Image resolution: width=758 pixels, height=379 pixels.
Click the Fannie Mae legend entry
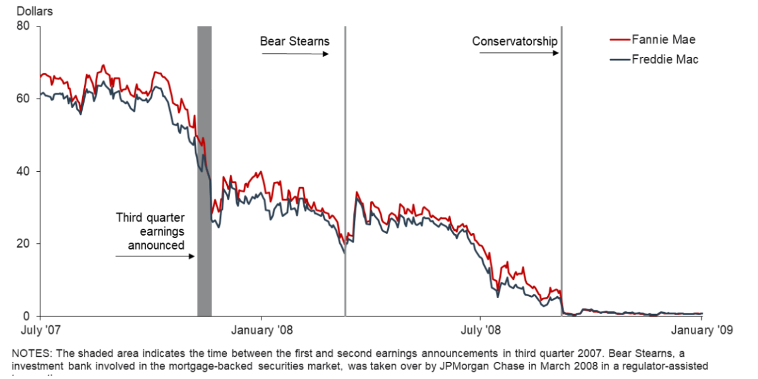click(663, 39)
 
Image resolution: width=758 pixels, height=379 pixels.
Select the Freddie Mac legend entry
click(665, 59)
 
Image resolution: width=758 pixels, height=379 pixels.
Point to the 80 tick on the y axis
click(25, 27)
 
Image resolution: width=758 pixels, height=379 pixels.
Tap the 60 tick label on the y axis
click(25, 99)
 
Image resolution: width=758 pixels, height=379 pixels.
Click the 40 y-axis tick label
click(25, 171)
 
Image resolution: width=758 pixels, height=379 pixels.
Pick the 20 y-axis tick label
click(25, 244)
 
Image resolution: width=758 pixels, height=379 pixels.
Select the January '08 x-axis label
click(262, 329)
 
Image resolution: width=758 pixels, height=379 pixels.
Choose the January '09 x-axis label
click(701, 329)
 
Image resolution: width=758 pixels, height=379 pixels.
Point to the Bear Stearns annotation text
click(295, 42)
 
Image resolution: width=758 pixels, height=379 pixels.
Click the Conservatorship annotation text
click(515, 42)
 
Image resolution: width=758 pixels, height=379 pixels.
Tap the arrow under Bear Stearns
click(295, 54)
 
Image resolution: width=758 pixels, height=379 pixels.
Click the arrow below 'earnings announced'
click(155, 256)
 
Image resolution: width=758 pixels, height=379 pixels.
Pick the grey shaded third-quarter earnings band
click(204, 171)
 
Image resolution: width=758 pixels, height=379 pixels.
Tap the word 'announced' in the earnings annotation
click(156, 244)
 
